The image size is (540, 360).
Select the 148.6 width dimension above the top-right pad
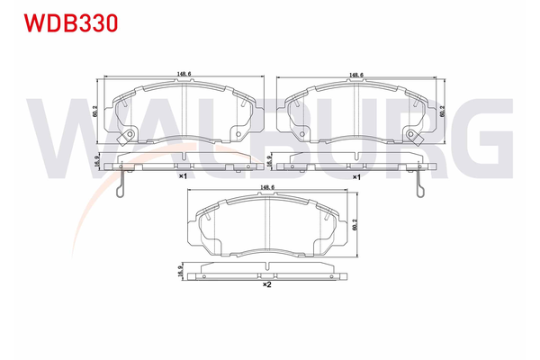(x=358, y=76)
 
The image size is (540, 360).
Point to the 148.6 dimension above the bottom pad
(x=267, y=188)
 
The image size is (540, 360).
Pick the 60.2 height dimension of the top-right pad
(x=443, y=111)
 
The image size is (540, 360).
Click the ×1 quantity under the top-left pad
(x=182, y=177)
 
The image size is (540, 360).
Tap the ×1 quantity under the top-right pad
(x=357, y=177)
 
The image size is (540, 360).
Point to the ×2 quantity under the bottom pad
(x=267, y=286)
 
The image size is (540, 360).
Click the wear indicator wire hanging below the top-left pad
(x=122, y=184)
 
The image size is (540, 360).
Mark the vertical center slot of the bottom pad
(x=269, y=225)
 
